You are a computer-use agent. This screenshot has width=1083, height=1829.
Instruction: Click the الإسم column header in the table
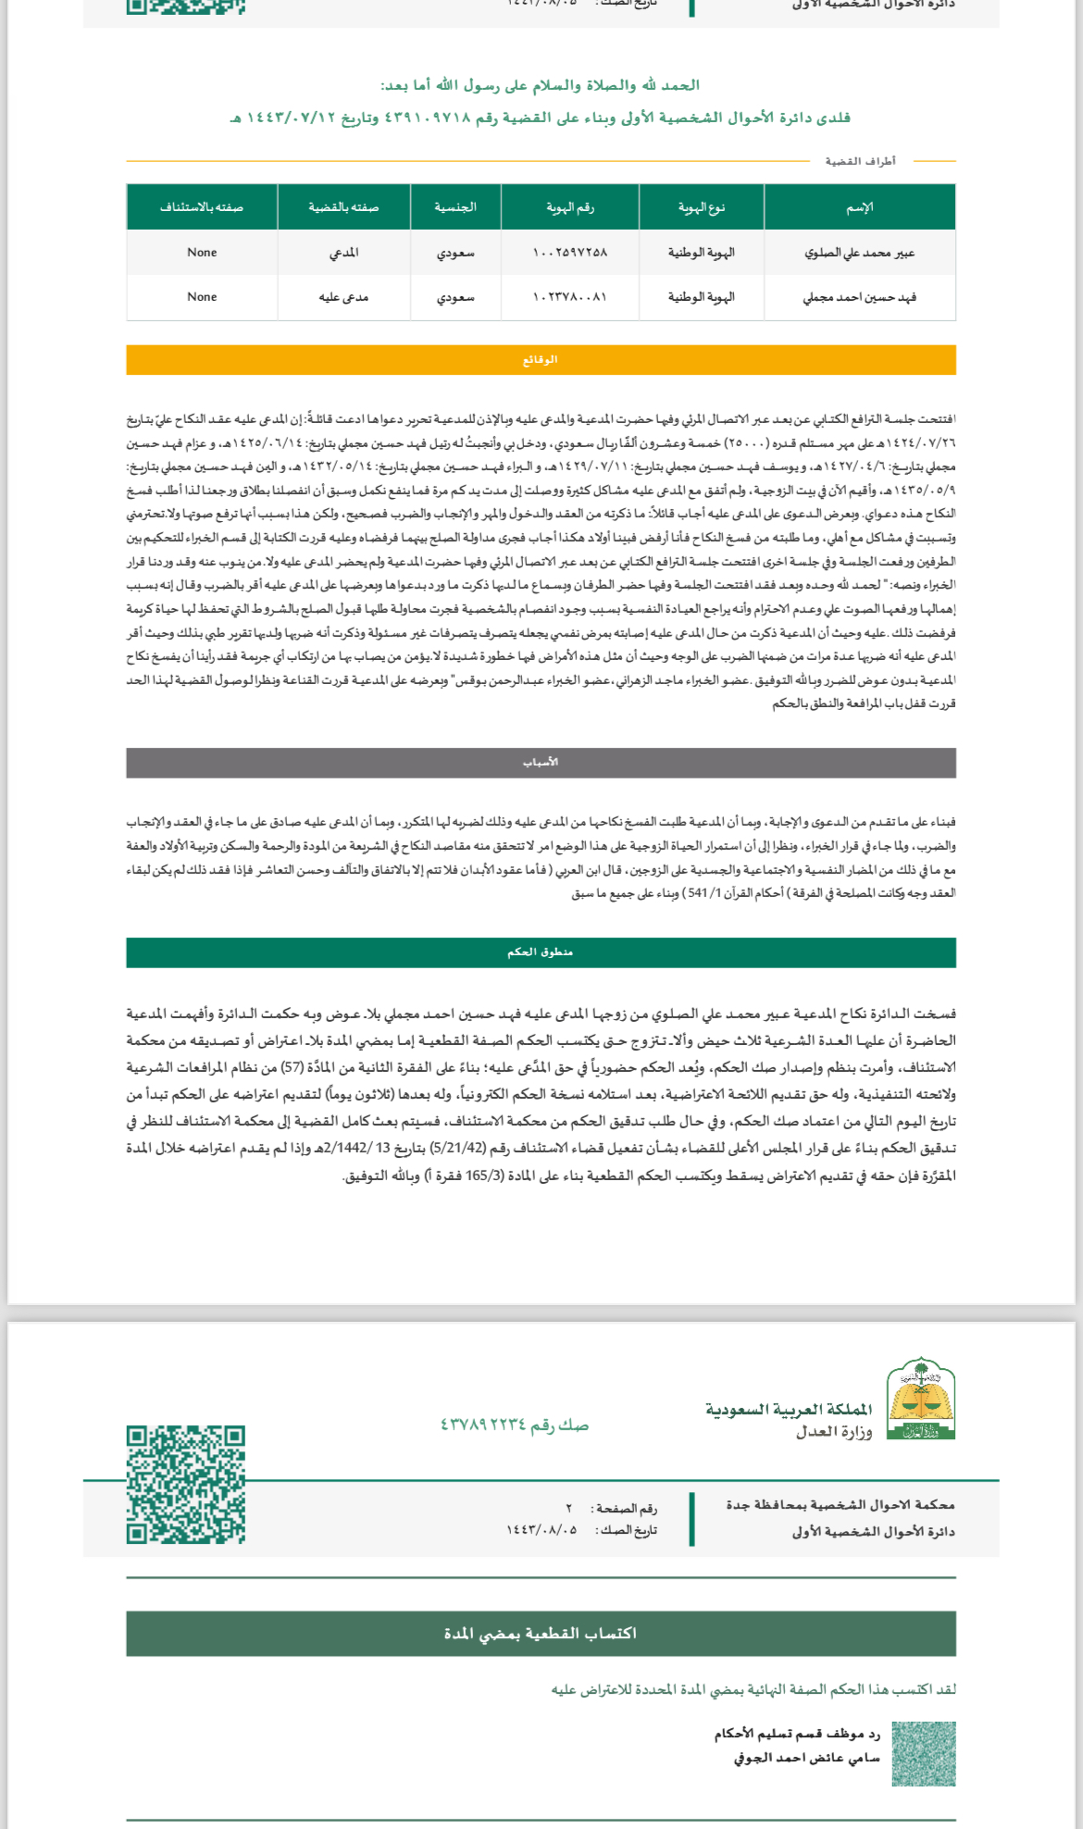(x=859, y=207)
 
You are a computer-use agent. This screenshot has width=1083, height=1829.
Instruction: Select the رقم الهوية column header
(x=569, y=207)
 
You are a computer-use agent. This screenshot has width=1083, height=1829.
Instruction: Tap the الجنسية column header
(x=455, y=207)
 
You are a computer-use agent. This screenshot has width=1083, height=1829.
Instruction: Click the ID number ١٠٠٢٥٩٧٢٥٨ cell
(x=569, y=253)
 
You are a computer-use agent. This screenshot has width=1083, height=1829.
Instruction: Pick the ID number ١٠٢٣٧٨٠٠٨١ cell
(x=569, y=297)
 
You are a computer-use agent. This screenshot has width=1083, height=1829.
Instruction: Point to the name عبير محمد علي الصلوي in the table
(x=859, y=253)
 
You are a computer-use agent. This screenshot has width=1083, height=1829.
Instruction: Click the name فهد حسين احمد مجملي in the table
(x=859, y=297)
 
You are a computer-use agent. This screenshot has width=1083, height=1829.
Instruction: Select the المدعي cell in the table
(x=343, y=253)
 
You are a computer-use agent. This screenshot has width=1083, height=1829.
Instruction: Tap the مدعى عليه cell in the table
(x=343, y=297)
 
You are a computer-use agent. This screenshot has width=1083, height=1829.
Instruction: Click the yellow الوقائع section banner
(x=541, y=359)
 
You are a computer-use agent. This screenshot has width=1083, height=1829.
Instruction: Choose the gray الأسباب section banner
(x=541, y=763)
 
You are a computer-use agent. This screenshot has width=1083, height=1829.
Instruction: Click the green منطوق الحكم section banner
(x=541, y=952)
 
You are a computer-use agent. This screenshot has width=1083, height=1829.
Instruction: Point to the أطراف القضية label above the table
(x=860, y=161)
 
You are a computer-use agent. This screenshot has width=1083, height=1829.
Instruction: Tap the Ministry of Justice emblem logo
(x=921, y=1399)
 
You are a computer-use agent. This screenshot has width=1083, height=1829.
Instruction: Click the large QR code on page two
(x=186, y=1484)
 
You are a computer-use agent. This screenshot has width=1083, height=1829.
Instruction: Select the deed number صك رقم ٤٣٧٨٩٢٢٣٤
(x=515, y=1425)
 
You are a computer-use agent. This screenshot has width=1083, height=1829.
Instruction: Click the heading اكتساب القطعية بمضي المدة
(x=541, y=1634)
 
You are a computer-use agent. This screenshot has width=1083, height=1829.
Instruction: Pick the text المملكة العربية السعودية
(x=789, y=1409)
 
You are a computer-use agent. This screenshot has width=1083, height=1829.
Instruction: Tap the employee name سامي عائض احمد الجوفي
(x=806, y=1757)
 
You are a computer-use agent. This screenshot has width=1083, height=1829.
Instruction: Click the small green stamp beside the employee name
(x=924, y=1753)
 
